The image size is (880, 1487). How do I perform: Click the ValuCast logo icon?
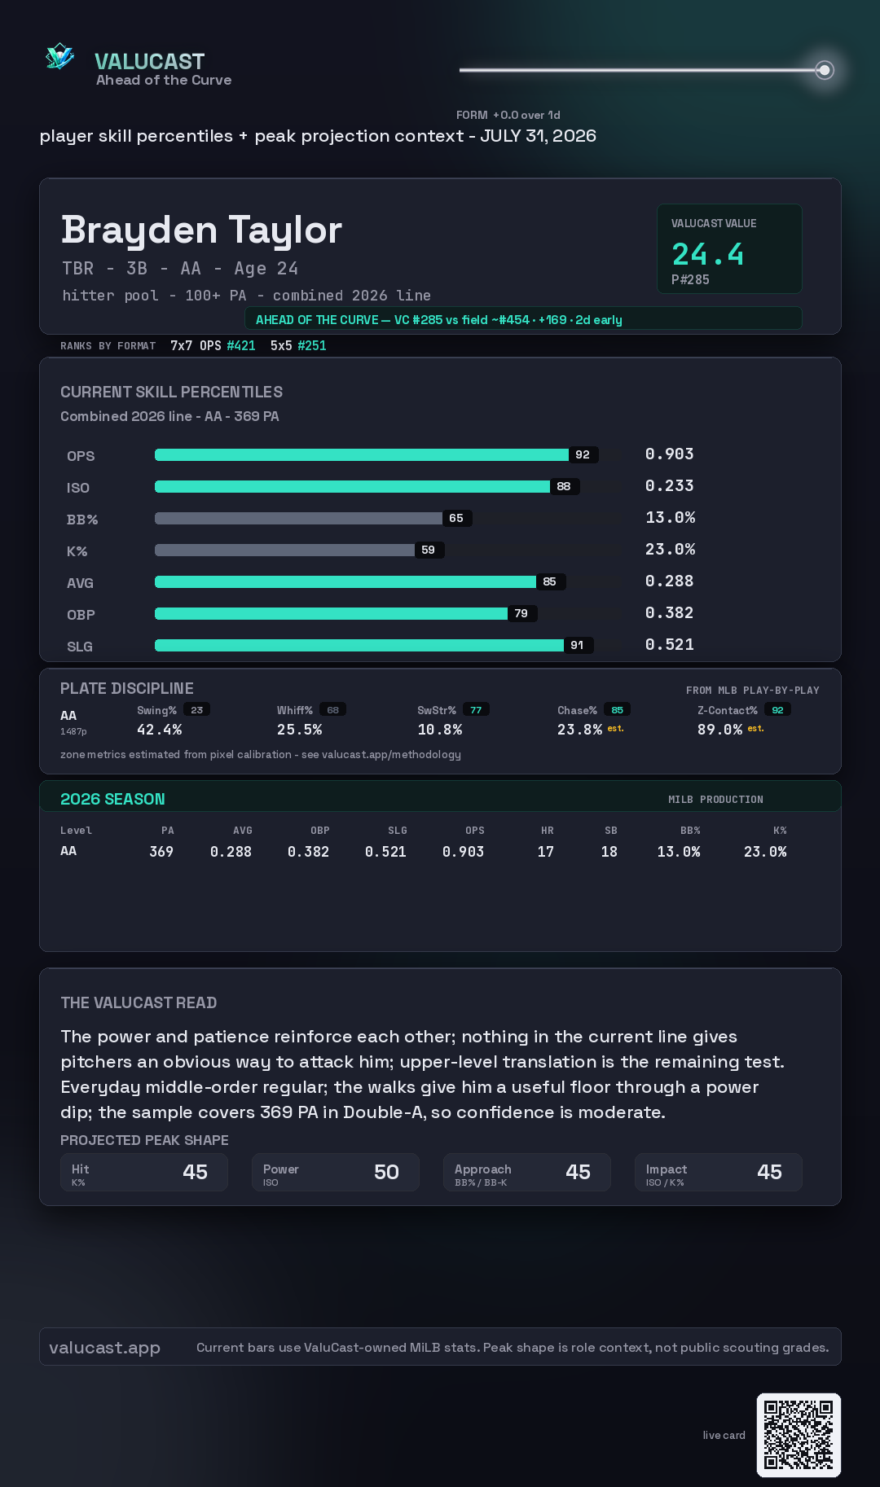click(59, 56)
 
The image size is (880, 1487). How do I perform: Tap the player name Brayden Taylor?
click(201, 230)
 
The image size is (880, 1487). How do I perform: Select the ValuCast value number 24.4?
click(707, 254)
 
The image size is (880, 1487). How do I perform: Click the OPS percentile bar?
click(362, 454)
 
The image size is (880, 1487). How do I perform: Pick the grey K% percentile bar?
click(284, 550)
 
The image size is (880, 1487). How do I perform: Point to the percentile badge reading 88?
click(564, 486)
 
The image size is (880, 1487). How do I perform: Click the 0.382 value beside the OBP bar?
click(669, 612)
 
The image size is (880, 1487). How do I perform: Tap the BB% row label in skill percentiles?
click(82, 520)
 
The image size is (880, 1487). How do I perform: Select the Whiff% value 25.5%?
click(299, 730)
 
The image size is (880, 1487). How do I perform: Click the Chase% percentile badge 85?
click(617, 710)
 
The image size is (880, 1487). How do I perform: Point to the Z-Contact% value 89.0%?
click(719, 730)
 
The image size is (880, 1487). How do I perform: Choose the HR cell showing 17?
click(546, 852)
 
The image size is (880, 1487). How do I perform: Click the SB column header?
click(611, 831)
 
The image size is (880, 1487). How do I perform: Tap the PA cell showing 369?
click(161, 852)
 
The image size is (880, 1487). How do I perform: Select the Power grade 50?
click(386, 1172)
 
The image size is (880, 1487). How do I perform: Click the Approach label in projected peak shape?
click(483, 1169)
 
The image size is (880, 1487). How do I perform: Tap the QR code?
click(799, 1435)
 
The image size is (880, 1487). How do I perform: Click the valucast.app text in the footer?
click(104, 1348)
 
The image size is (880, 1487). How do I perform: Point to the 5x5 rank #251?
click(312, 345)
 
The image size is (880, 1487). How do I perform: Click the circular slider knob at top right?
click(825, 70)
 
